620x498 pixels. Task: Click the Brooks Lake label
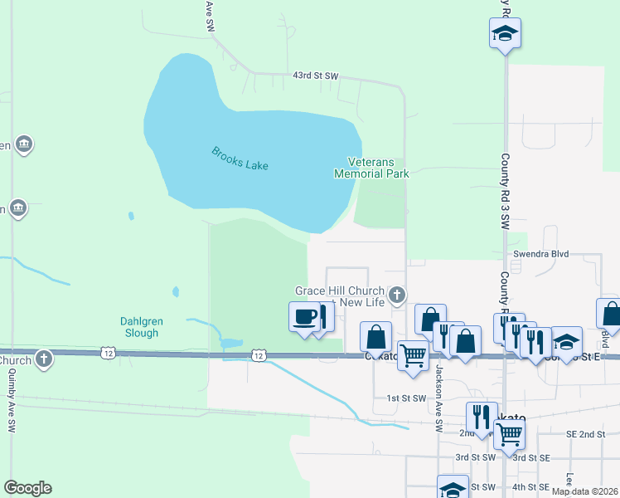tap(240, 158)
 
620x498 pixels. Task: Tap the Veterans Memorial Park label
tap(371, 168)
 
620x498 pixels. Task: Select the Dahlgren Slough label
tap(137, 327)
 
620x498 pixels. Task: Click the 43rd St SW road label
tap(316, 76)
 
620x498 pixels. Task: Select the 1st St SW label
tap(406, 398)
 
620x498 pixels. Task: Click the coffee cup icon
tap(304, 317)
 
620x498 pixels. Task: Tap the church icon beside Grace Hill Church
tap(398, 295)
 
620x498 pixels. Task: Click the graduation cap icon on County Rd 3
tap(504, 34)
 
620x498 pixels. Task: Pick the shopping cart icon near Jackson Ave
tap(413, 354)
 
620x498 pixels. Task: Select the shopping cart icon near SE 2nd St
tap(509, 432)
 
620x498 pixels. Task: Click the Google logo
tap(27, 488)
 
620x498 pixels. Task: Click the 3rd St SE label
tap(531, 457)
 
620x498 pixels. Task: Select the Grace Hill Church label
tap(340, 291)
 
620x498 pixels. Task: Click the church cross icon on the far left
tap(43, 359)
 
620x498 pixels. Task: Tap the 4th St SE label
tap(531, 486)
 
